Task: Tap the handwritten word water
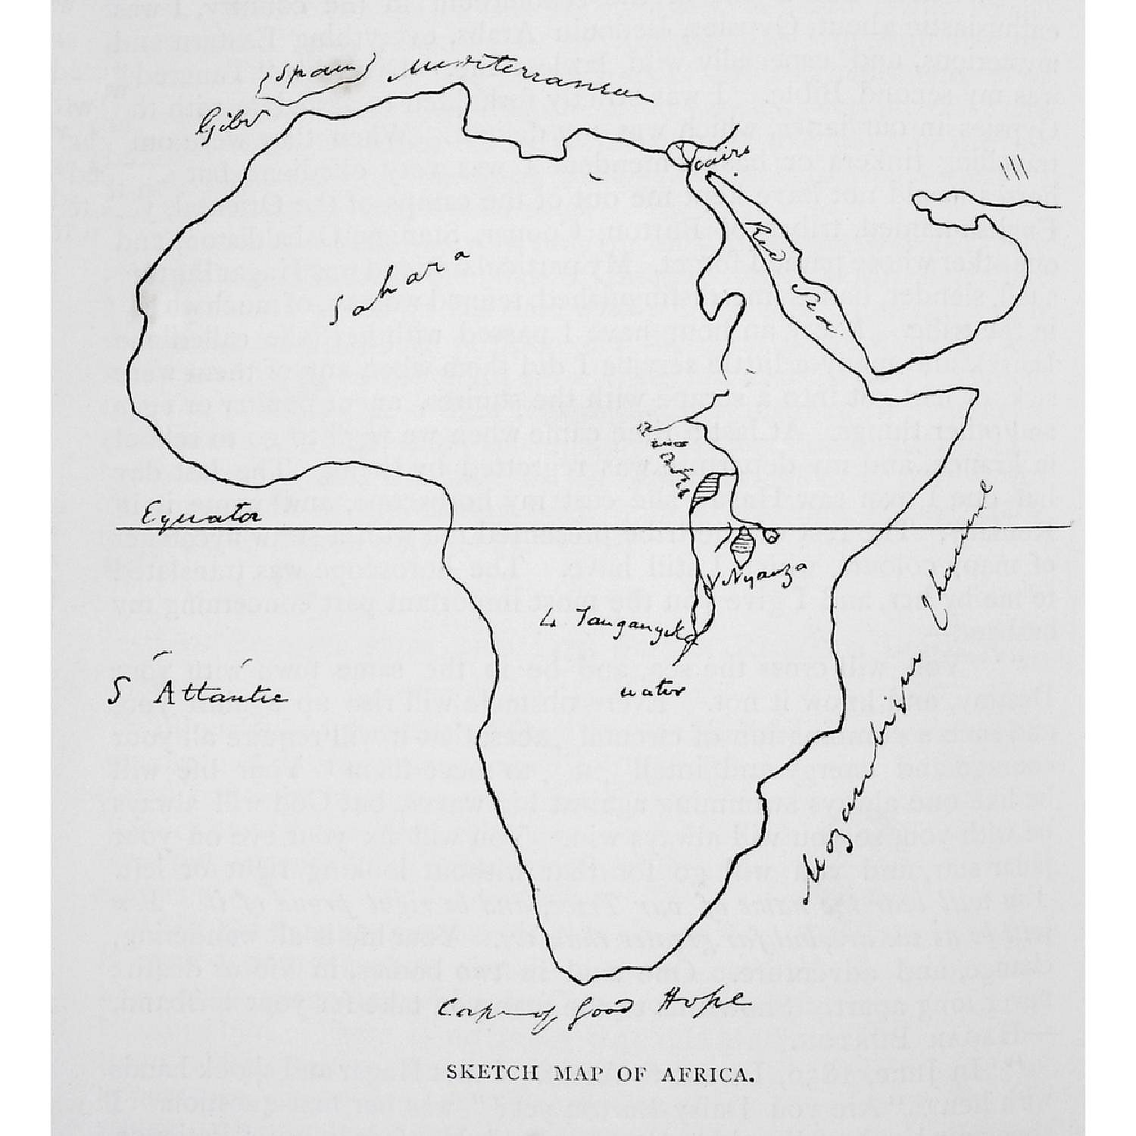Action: (x=653, y=691)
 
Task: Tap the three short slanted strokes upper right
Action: (x=1013, y=170)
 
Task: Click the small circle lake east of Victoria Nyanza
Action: (x=772, y=535)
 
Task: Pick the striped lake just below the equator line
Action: (x=744, y=543)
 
